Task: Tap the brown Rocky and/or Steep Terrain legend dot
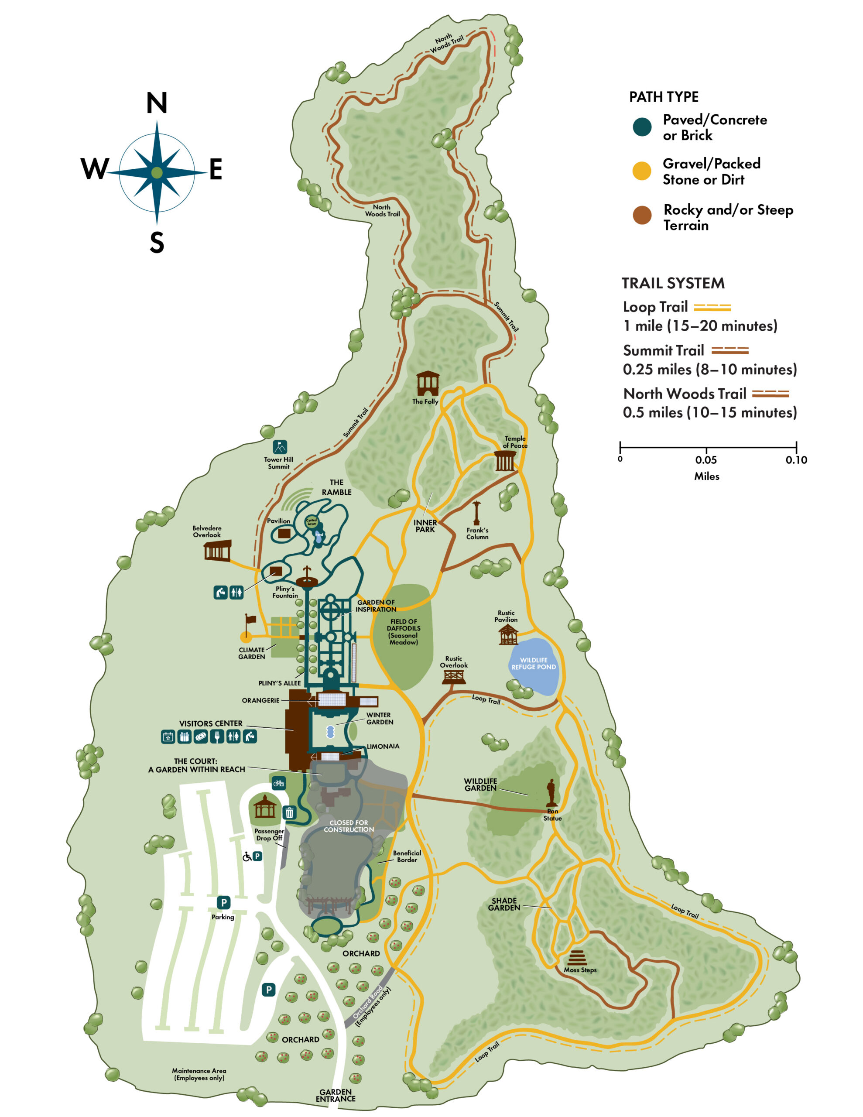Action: tap(642, 215)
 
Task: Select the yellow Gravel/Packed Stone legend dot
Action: tap(641, 171)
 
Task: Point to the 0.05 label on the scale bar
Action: tap(706, 460)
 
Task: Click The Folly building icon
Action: tap(428, 384)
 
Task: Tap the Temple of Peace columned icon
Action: tap(505, 461)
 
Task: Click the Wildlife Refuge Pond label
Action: tap(534, 663)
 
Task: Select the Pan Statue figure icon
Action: tap(551, 792)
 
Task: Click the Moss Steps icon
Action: tap(576, 957)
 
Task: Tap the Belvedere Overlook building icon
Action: tap(217, 550)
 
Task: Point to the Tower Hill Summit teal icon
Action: tap(280, 447)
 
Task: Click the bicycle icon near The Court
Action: tap(279, 782)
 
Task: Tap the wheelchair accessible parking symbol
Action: tap(247, 856)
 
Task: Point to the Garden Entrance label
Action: tap(336, 1095)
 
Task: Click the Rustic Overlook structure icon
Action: tap(454, 677)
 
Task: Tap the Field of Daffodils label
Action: tap(404, 632)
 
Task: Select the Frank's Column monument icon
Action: tap(477, 513)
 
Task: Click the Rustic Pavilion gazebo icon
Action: tap(508, 635)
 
